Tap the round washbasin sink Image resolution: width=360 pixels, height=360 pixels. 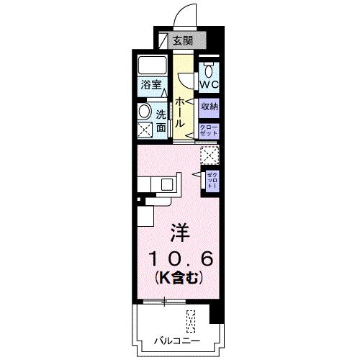[144, 112]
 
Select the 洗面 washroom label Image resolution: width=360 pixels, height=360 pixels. [161, 120]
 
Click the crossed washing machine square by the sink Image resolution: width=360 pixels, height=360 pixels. [145, 130]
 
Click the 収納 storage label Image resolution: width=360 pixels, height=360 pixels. [210, 107]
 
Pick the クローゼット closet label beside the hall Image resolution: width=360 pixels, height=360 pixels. [209, 130]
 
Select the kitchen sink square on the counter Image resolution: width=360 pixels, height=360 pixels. [167, 184]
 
